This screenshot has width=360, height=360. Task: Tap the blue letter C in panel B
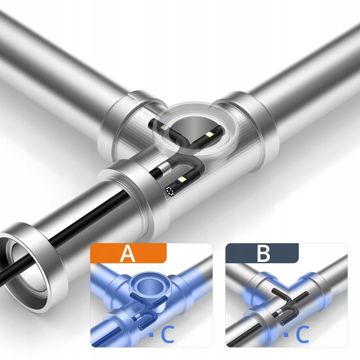point(303,335)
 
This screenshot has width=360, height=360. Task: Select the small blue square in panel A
point(151,335)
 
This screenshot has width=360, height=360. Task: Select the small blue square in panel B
point(286,335)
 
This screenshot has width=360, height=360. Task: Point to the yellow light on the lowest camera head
point(183,179)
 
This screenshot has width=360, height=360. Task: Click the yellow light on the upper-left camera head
point(165,127)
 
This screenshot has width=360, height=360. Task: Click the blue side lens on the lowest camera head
point(177,182)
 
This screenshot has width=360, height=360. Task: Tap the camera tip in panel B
point(282,323)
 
